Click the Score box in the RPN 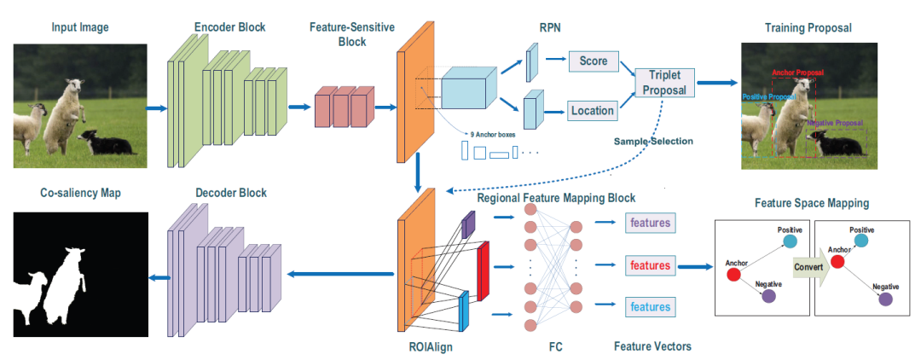tap(593, 62)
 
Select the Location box tap(593, 110)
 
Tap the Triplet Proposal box tap(664, 83)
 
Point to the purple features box tap(650, 224)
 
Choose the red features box tap(650, 265)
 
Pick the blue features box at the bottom tap(650, 306)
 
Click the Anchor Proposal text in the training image tap(798, 73)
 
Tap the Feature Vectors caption tap(652, 346)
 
